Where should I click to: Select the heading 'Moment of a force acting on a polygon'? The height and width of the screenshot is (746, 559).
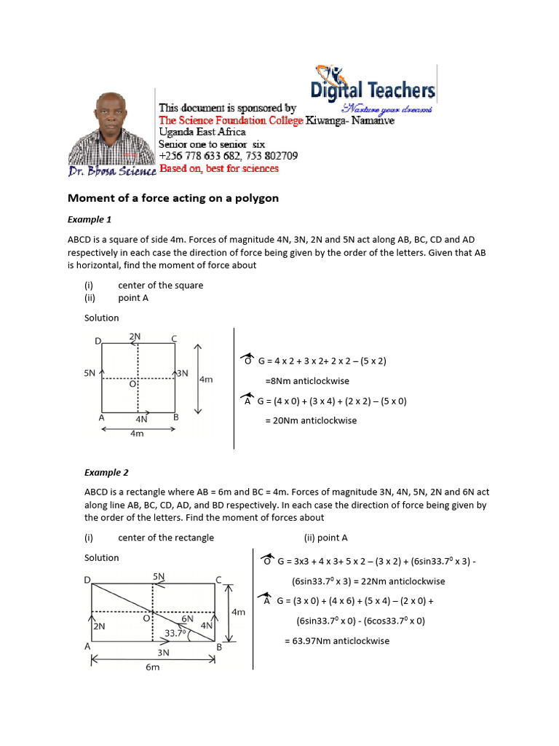pyautogui.click(x=173, y=198)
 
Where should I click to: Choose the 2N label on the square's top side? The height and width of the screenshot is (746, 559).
pyautogui.click(x=135, y=337)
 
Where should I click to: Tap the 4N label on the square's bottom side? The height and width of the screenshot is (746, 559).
pyautogui.click(x=141, y=420)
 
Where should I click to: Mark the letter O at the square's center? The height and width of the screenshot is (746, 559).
pyautogui.click(x=132, y=384)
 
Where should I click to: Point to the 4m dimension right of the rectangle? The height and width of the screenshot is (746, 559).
pyautogui.click(x=237, y=613)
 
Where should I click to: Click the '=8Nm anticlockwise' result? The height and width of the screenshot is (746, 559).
pyautogui.click(x=307, y=380)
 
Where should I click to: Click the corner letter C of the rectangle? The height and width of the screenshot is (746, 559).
pyautogui.click(x=218, y=580)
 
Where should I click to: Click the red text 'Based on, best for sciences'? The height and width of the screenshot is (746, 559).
pyautogui.click(x=218, y=168)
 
